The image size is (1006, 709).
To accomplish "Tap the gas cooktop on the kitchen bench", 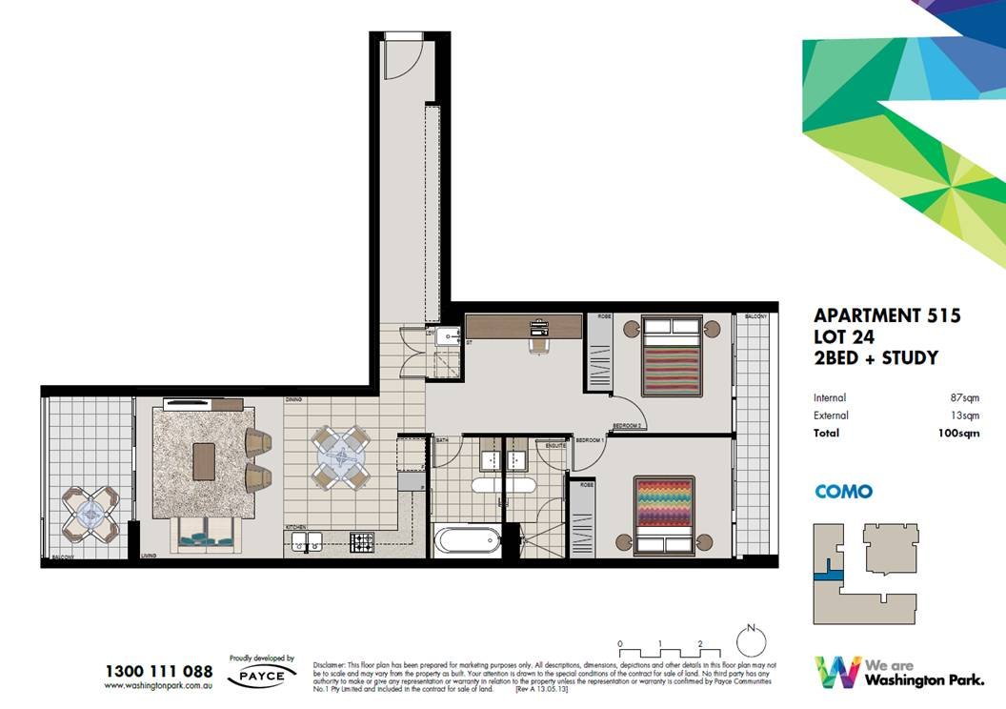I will point(362,542).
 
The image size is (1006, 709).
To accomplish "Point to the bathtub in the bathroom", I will point(466,540).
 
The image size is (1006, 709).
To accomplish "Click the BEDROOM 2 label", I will point(630,425).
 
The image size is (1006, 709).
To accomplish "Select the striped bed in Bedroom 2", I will point(672,357).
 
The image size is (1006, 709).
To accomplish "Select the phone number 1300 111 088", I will point(158,672).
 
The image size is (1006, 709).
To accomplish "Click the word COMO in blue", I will point(843,492).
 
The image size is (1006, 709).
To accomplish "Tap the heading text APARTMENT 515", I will point(887,315).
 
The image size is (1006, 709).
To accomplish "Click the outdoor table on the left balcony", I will point(91,513).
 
